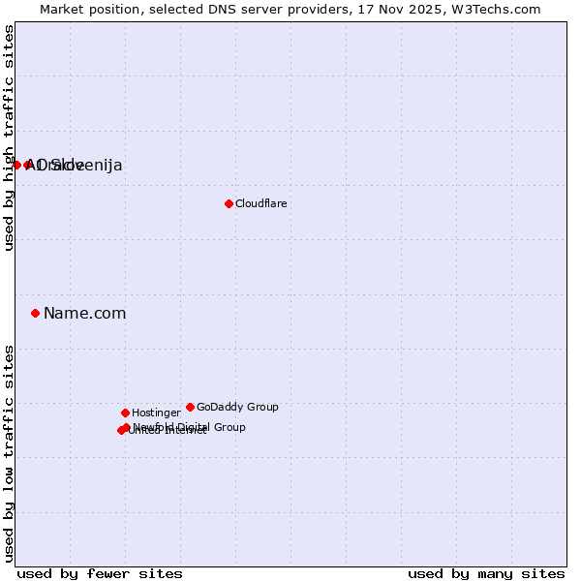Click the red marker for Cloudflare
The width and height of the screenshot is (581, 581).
(x=229, y=203)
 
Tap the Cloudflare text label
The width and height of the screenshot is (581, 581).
(x=260, y=203)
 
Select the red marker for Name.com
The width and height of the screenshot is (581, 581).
(x=35, y=313)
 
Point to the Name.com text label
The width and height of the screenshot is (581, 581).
(x=84, y=313)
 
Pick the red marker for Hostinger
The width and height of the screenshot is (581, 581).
(x=125, y=413)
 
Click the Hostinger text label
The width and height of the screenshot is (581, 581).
(x=156, y=413)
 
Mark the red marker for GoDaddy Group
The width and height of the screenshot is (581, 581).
(x=190, y=407)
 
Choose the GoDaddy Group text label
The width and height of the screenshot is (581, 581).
(x=237, y=407)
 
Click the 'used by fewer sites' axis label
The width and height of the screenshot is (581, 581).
(x=100, y=573)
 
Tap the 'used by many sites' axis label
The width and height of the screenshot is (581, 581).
(x=486, y=573)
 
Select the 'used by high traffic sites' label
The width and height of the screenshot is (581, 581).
(x=10, y=138)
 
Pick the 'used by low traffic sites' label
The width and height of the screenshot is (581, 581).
(x=10, y=453)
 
